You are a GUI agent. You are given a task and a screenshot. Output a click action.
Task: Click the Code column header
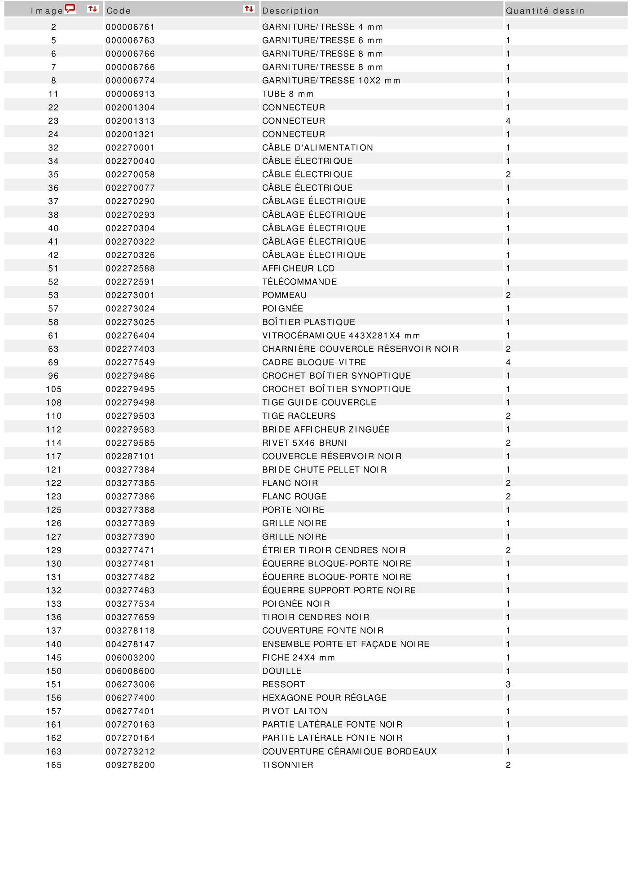[119, 11]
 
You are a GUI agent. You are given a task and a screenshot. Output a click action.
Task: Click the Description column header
[290, 11]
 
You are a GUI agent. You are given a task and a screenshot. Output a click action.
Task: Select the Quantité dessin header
[545, 11]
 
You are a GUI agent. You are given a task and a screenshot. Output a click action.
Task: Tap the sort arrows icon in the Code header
[249, 9]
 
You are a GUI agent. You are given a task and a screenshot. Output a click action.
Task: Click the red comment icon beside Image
[70, 9]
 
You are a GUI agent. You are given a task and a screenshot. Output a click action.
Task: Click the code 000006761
[130, 27]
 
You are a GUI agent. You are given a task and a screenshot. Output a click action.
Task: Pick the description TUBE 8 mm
[288, 94]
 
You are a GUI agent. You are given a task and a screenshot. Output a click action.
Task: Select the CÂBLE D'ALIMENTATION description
[317, 148]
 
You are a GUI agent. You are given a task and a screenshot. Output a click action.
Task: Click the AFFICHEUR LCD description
[299, 268]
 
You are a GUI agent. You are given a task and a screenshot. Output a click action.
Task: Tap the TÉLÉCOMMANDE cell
[299, 282]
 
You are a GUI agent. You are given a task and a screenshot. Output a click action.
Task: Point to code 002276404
[130, 336]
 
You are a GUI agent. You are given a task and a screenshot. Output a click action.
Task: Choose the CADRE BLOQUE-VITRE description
[314, 362]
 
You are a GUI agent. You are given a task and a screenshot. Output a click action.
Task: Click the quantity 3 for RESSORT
[508, 684]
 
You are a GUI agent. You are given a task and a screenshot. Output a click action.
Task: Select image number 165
[54, 765]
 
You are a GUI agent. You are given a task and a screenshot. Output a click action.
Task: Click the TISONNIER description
[288, 765]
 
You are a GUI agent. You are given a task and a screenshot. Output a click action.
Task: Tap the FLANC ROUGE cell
[294, 496]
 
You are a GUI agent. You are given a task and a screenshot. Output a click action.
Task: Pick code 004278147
[130, 644]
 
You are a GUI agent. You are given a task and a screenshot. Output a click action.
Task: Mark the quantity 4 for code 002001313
[508, 121]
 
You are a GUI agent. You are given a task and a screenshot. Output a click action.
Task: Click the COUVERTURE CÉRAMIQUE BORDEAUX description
[349, 751]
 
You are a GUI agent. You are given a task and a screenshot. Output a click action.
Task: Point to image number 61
[53, 336]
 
